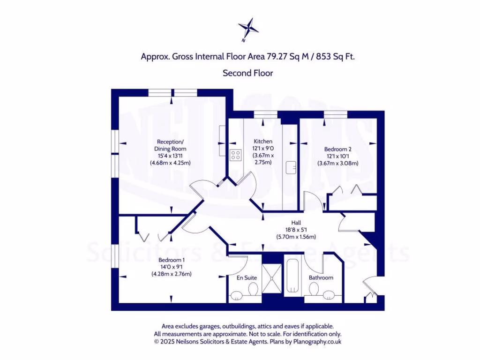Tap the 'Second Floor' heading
[247, 73]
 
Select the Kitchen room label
[263, 142]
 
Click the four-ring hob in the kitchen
[235, 155]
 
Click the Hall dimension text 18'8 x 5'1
[296, 230]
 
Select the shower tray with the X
[271, 279]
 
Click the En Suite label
[246, 277]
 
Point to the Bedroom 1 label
[171, 260]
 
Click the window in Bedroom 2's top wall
[335, 113]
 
